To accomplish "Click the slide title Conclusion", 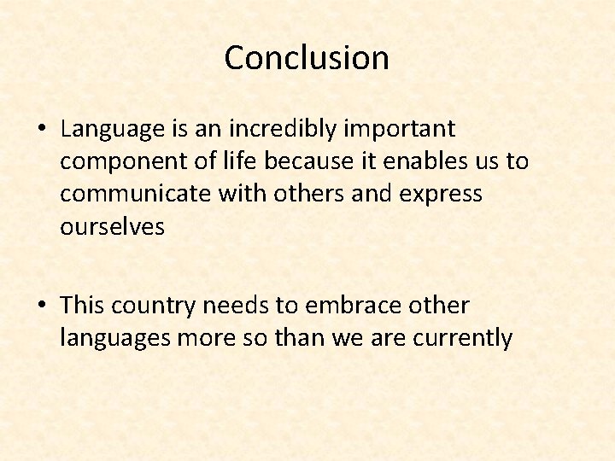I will point(307,58).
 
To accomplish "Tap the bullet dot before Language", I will point(41,130).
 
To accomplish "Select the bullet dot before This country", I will point(41,306).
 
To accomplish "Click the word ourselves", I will point(112,227).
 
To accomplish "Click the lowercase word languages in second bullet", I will point(115,339).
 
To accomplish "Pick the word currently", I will point(462,339).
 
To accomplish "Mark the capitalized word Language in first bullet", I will point(113,130).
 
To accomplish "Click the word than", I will point(298,338).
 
